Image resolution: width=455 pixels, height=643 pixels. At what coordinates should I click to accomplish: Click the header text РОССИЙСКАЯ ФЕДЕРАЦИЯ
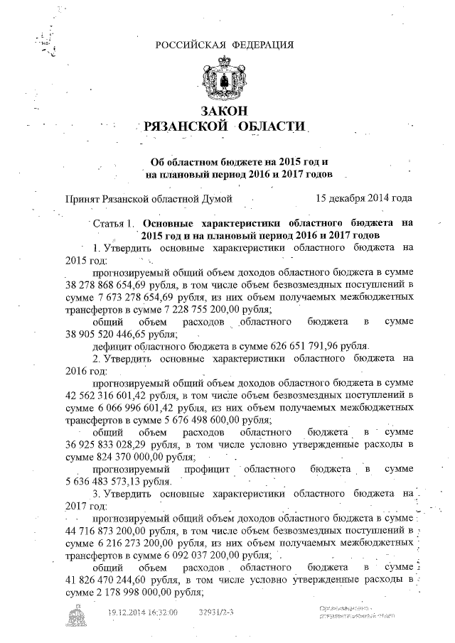coord(224,45)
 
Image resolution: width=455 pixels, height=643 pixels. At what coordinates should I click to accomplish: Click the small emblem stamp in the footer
coord(75,617)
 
